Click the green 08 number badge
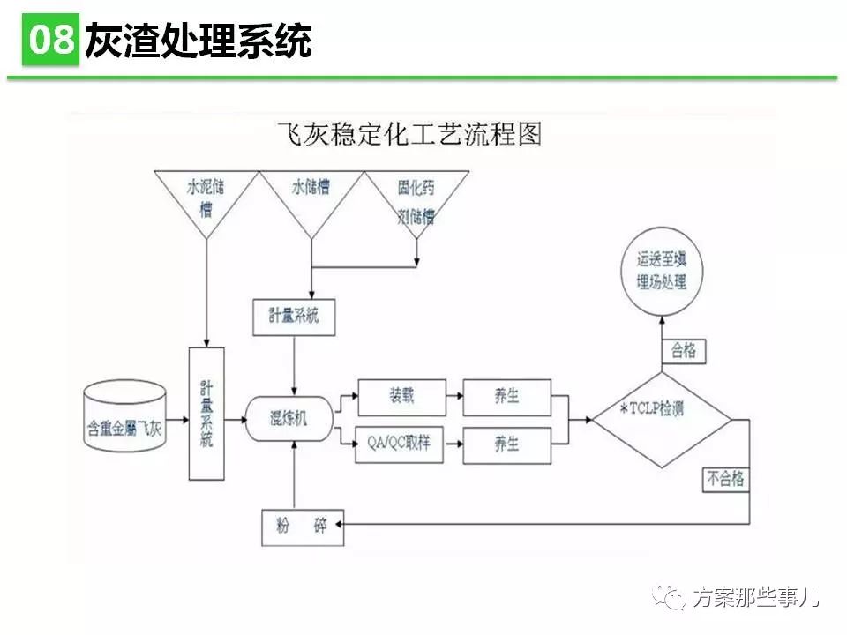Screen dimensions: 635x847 coord(51,39)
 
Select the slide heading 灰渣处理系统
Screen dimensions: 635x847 coord(198,41)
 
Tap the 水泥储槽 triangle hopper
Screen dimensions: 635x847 coord(206,196)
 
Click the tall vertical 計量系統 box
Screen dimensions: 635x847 coord(206,413)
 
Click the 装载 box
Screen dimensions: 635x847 coord(401,397)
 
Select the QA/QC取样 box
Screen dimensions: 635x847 coord(401,444)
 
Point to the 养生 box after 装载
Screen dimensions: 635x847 coord(506,397)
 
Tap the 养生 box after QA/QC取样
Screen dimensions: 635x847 coord(506,444)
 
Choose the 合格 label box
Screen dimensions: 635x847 coord(684,350)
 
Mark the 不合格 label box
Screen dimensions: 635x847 coord(726,479)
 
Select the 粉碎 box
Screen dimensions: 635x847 coord(302,527)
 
